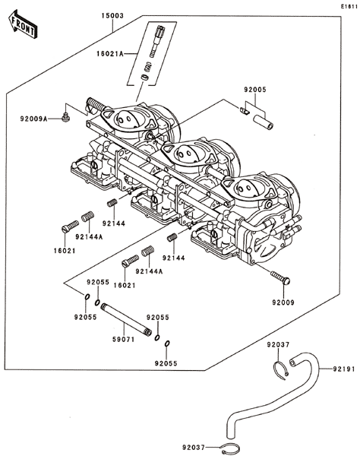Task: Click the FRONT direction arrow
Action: pyautogui.click(x=22, y=24)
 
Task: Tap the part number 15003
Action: pyautogui.click(x=112, y=16)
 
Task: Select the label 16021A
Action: pyautogui.click(x=110, y=54)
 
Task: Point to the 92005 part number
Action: pyautogui.click(x=255, y=90)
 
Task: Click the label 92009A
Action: pyautogui.click(x=33, y=119)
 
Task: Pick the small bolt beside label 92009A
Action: pyautogui.click(x=66, y=117)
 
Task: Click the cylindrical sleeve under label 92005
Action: pyautogui.click(x=264, y=122)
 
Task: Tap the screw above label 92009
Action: pyautogui.click(x=280, y=277)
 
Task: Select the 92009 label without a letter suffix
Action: pyautogui.click(x=283, y=302)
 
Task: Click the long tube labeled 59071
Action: pyautogui.click(x=126, y=320)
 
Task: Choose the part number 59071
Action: pyautogui.click(x=124, y=340)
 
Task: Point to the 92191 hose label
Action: pyautogui.click(x=344, y=369)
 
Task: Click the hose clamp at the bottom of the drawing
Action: pyautogui.click(x=230, y=448)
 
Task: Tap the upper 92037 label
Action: pyautogui.click(x=278, y=344)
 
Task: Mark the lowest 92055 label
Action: pyautogui.click(x=166, y=363)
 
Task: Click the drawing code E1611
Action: pyautogui.click(x=349, y=6)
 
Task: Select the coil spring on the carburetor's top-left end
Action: pyautogui.click(x=96, y=104)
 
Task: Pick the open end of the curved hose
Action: pyautogui.click(x=292, y=363)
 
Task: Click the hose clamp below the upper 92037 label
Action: pyautogui.click(x=281, y=370)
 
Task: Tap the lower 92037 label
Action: pyautogui.click(x=194, y=447)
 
